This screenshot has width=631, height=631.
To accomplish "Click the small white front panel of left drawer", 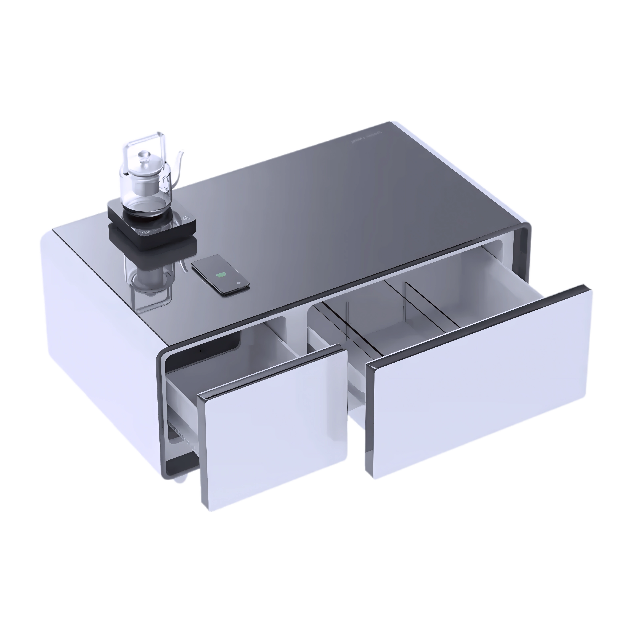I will pyautogui.click(x=274, y=428).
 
